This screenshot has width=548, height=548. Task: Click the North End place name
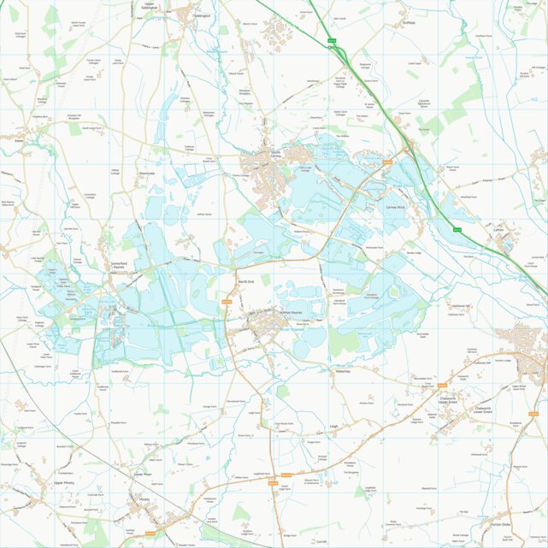click(x=246, y=281)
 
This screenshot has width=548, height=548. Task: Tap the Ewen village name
click(x=18, y=140)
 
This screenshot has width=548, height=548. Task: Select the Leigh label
click(x=334, y=426)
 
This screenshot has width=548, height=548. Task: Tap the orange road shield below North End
click(x=227, y=301)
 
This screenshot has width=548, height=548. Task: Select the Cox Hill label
click(x=321, y=542)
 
